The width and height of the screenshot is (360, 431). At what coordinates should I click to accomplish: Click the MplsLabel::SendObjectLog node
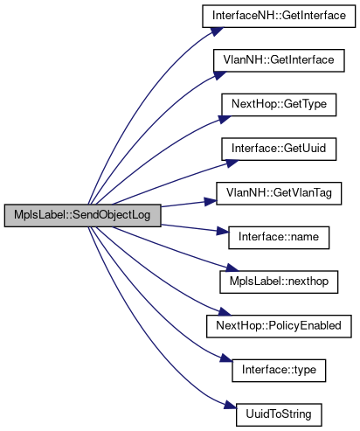tap(82, 215)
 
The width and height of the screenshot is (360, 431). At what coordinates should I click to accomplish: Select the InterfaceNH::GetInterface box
tap(279, 16)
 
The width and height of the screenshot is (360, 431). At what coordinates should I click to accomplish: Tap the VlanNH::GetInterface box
tap(279, 60)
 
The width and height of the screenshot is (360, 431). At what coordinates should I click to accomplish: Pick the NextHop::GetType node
tap(279, 105)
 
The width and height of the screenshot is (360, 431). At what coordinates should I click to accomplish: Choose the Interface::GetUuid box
tap(279, 149)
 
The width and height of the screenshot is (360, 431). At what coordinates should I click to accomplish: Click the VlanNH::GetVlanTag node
tap(279, 193)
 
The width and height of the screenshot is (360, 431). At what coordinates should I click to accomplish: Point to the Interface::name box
tap(279, 238)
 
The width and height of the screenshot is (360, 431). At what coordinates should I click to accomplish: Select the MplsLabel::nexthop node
tap(279, 282)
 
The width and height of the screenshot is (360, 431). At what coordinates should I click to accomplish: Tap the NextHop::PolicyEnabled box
tap(279, 326)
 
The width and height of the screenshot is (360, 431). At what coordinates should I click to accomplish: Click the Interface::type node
tap(279, 371)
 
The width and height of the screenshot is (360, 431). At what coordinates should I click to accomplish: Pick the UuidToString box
tap(279, 414)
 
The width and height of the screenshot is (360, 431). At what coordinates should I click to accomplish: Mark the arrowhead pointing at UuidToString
tap(230, 406)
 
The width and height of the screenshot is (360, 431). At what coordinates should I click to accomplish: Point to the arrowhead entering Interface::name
tap(223, 232)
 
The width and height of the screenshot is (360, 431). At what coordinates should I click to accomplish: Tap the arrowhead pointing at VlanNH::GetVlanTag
tap(211, 201)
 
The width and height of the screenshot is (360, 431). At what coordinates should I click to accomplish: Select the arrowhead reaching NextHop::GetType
tap(225, 119)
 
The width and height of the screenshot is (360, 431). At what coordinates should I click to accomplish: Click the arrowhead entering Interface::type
tap(226, 358)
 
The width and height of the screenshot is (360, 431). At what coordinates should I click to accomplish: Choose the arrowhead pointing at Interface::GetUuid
tap(232, 163)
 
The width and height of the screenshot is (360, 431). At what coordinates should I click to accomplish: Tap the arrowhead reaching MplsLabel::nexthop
tap(232, 268)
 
